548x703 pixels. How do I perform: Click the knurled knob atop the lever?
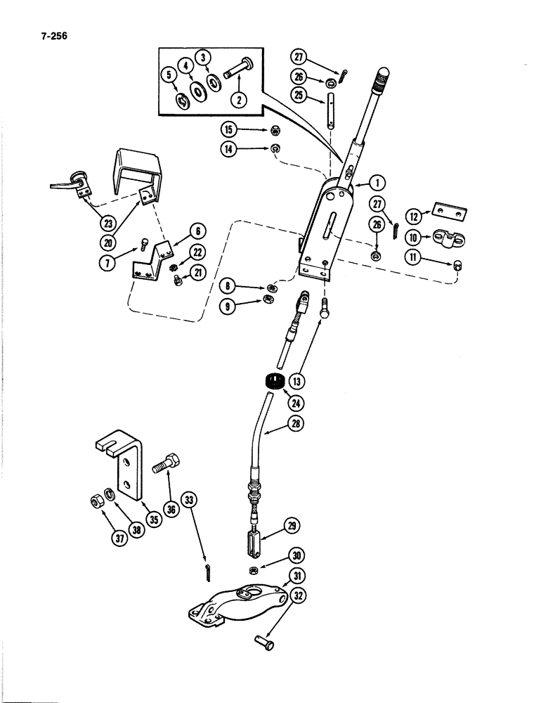pos(382,75)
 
